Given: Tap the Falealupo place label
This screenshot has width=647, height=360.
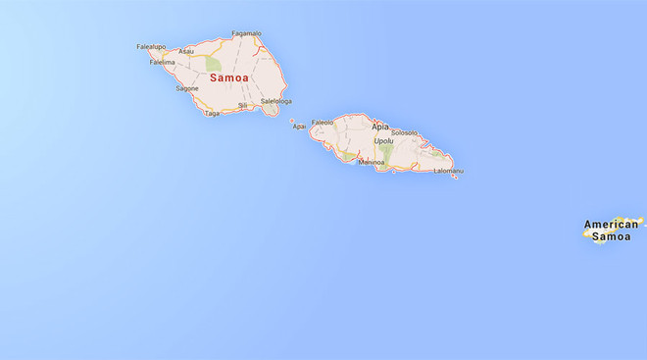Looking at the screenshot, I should pyautogui.click(x=150, y=46).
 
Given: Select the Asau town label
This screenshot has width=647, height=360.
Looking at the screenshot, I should pyautogui.click(x=186, y=51).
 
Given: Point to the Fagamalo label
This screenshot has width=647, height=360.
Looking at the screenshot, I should pyautogui.click(x=245, y=34).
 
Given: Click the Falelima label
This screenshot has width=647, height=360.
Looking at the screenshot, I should pyautogui.click(x=162, y=63).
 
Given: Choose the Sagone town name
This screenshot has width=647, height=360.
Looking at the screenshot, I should pyautogui.click(x=187, y=88).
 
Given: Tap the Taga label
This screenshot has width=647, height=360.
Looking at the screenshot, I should pyautogui.click(x=213, y=113).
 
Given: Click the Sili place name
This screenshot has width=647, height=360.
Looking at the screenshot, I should pyautogui.click(x=243, y=105).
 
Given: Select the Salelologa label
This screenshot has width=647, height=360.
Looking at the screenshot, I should pyautogui.click(x=276, y=100).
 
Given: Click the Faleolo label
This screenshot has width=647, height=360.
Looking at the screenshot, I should pyautogui.click(x=323, y=123).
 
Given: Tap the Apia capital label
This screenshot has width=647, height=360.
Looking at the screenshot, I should pyautogui.click(x=380, y=128).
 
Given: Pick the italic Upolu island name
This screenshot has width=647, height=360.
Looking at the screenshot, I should pyautogui.click(x=383, y=140).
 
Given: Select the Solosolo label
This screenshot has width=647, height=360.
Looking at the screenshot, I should pyautogui.click(x=404, y=132).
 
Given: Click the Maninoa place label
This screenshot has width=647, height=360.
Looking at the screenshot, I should pyautogui.click(x=372, y=163).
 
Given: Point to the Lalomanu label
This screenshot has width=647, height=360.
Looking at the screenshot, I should pyautogui.click(x=448, y=171).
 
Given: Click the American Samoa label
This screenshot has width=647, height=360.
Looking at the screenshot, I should pyautogui.click(x=612, y=231).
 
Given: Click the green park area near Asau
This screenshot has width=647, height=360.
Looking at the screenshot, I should pyautogui.click(x=213, y=64).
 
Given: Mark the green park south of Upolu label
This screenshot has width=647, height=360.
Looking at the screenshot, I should pyautogui.click(x=386, y=155).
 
